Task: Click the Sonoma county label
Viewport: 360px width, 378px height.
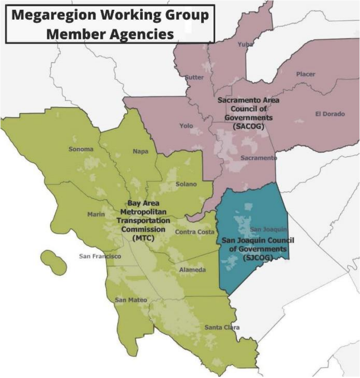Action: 81,149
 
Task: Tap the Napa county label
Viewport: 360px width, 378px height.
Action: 141,152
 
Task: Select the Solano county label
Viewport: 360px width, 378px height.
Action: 186,184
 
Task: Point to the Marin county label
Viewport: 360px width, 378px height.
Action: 96,214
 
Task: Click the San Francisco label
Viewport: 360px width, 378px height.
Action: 100,256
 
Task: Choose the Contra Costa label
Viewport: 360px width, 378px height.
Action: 194,232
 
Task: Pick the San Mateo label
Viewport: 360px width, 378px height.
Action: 131,300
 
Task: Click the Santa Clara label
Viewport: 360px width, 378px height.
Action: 222,328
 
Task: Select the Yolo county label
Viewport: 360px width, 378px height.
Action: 186,126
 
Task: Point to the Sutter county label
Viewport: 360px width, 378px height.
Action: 194,77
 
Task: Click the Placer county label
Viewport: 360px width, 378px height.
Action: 305,74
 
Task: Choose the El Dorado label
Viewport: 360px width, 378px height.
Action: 330,114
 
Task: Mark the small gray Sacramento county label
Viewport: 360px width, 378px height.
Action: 258,158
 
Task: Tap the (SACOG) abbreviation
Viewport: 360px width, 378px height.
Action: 248,126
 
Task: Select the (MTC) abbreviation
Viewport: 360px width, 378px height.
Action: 143,238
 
